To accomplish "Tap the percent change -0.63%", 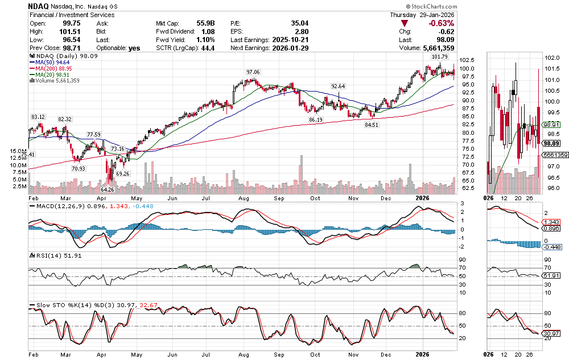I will pos(442,23).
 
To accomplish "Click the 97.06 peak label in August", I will pos(253,72).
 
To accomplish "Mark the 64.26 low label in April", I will pos(108,189).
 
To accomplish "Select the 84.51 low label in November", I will pos(372,125).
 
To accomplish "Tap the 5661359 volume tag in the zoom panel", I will pos(555,155).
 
